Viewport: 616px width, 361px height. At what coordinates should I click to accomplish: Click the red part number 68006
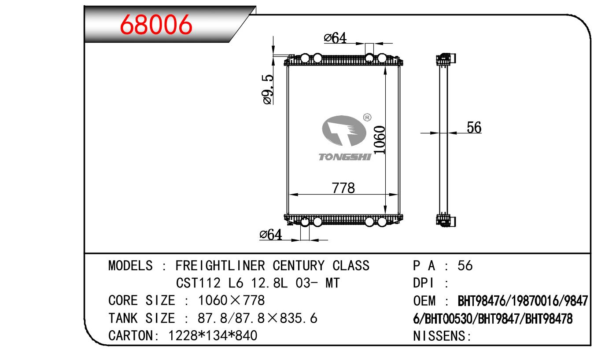coord(156,25)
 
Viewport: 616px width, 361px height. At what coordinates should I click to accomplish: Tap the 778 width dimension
coord(343,188)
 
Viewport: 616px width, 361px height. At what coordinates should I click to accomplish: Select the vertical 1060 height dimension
coord(380,140)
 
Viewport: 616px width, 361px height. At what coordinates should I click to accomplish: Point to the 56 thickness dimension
coord(474,127)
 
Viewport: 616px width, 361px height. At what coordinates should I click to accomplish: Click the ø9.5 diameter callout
coord(268,90)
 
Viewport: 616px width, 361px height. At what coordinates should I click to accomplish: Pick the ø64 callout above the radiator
coord(335,38)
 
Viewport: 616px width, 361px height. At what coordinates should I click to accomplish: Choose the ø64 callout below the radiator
coord(271,235)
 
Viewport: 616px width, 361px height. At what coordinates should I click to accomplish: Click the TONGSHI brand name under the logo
coord(345,157)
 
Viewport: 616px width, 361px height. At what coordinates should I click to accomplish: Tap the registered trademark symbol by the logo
coord(367,118)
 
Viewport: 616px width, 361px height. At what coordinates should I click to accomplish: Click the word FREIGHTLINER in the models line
coord(220,266)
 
